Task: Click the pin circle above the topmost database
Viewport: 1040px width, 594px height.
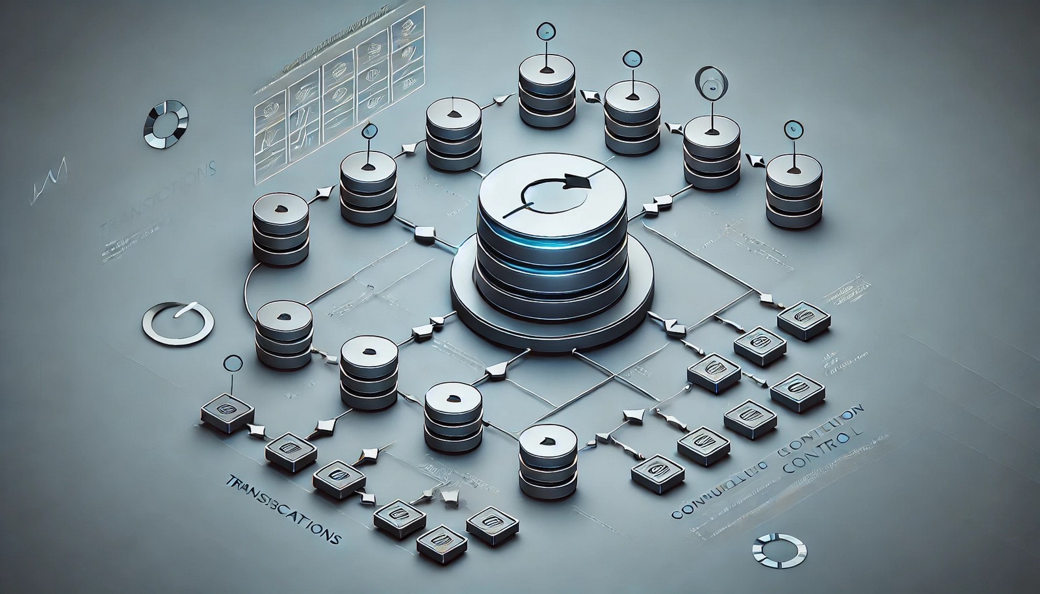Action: [x=545, y=30]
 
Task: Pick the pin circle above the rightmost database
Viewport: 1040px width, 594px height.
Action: [x=792, y=129]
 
